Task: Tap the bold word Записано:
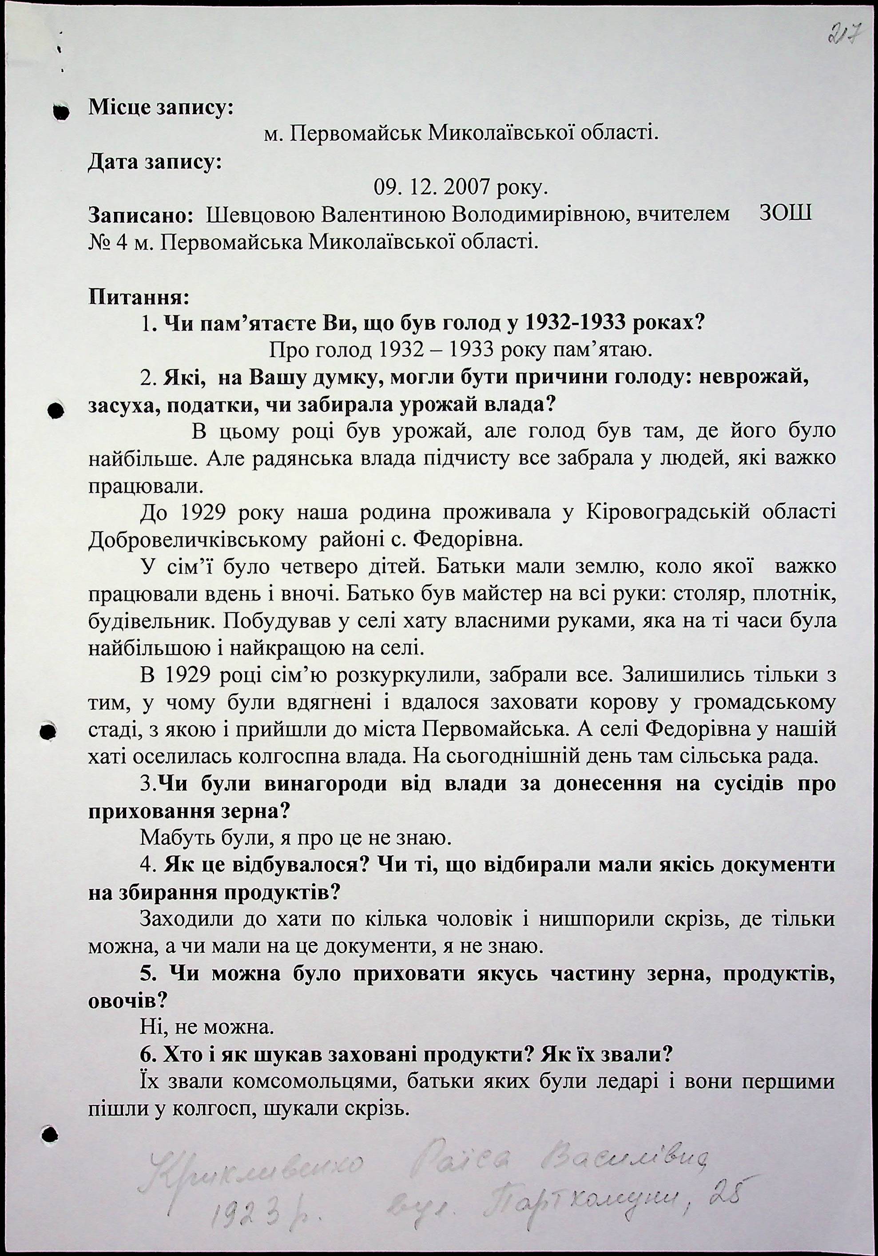click(x=139, y=215)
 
